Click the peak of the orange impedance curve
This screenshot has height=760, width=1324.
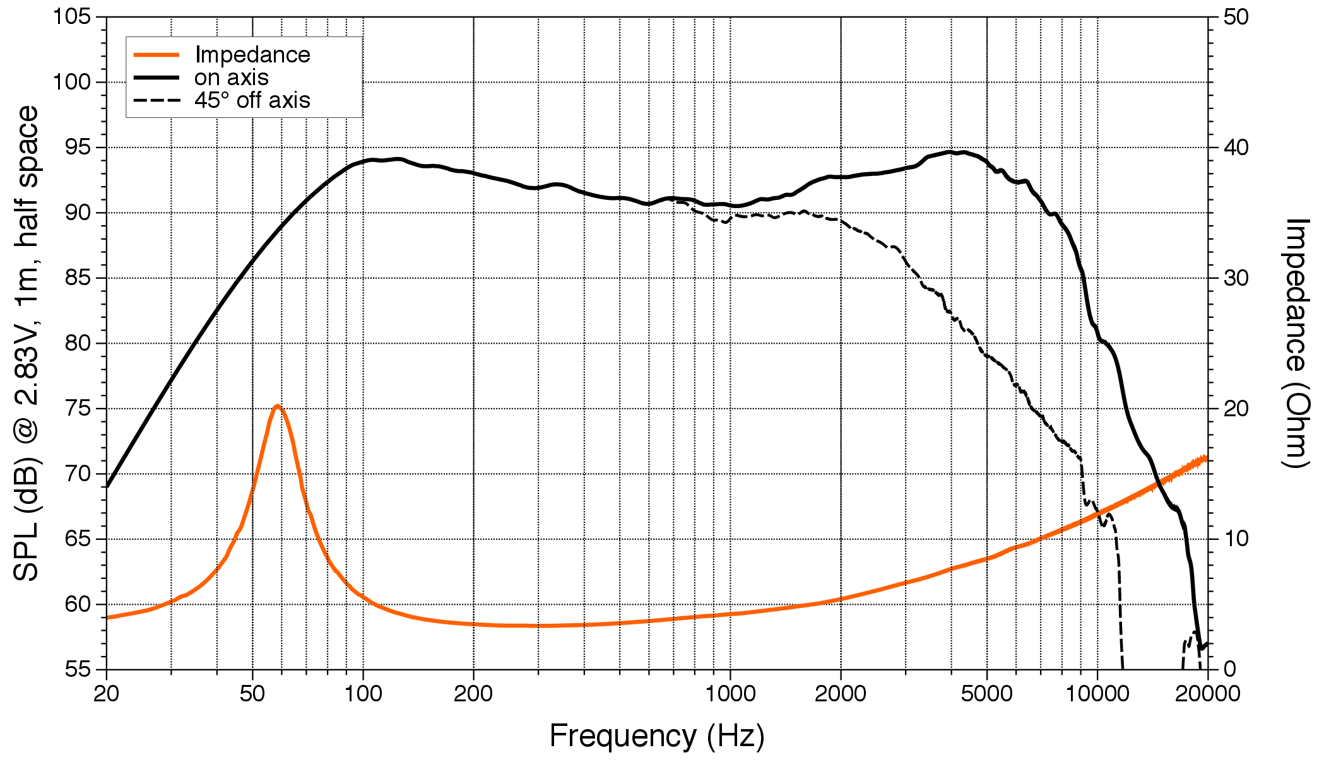coord(276,406)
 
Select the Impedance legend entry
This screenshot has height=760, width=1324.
coord(252,55)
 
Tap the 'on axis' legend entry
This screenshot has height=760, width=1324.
coord(231,78)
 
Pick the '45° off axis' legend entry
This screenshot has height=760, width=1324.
coord(252,100)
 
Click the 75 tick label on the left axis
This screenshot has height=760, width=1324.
coord(78,409)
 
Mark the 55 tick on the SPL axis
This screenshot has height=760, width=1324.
coord(78,669)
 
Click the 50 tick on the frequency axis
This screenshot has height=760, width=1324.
coord(252,693)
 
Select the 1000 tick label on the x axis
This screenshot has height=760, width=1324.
coord(730,693)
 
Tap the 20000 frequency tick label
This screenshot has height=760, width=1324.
coord(1207,693)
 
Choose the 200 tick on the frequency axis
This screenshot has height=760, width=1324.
coord(473,693)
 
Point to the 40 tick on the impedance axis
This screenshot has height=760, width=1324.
coord(1236,148)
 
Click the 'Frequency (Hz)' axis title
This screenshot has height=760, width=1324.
coord(656,735)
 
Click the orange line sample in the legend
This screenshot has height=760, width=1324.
coord(157,55)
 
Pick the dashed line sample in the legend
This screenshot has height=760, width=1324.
coord(157,100)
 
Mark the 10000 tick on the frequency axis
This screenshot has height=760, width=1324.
coord(1097,693)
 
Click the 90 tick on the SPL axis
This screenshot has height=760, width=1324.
coord(78,213)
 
